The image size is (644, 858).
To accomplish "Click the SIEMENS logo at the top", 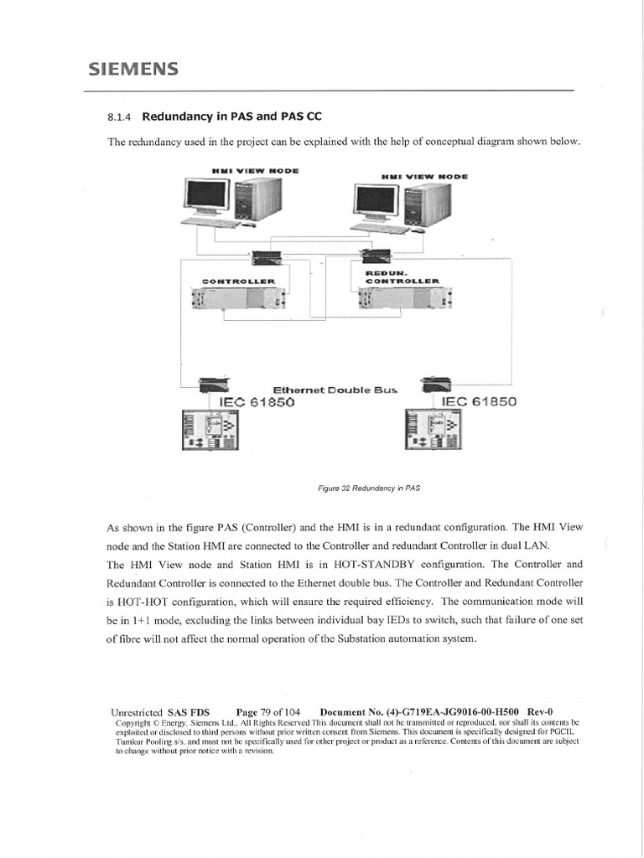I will pyautogui.click(x=133, y=70).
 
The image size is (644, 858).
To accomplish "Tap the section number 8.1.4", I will pyautogui.click(x=121, y=117).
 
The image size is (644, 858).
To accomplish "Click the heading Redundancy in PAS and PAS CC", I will pyautogui.click(x=231, y=116).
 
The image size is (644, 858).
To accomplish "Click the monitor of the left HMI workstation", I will pyautogui.click(x=205, y=195).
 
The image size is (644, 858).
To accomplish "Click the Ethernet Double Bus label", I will pyautogui.click(x=335, y=390).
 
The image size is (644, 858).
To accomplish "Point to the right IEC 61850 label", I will pyautogui.click(x=479, y=401).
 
